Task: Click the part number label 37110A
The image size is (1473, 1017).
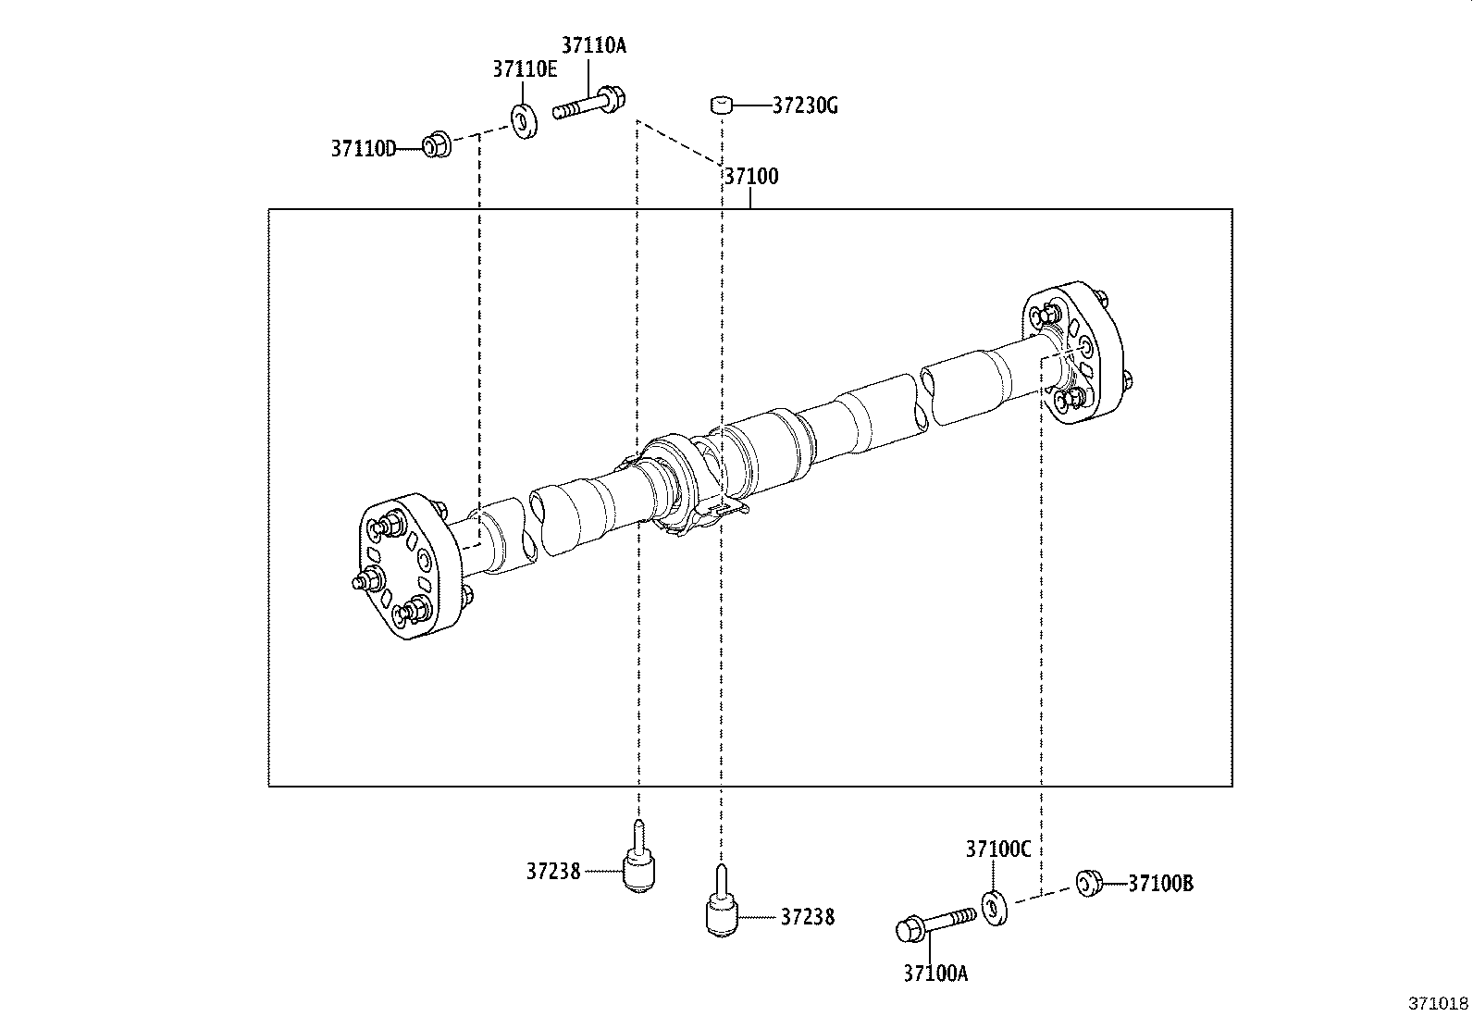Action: pos(593,45)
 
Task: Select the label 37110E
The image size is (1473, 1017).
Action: pos(525,69)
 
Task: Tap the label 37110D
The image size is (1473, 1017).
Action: pos(363,148)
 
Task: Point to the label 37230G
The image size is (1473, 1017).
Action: pos(805,106)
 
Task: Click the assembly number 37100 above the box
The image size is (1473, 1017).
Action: pos(750,177)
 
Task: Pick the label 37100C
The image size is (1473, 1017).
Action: pos(997,850)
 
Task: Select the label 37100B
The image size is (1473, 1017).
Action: pos(1160,885)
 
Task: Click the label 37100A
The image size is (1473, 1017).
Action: pos(935,973)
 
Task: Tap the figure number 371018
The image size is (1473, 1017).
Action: pos(1439,1003)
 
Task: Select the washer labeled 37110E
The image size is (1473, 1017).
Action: pos(525,121)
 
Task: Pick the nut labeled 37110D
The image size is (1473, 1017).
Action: pos(436,145)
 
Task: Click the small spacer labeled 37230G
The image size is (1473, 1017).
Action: pos(722,105)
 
